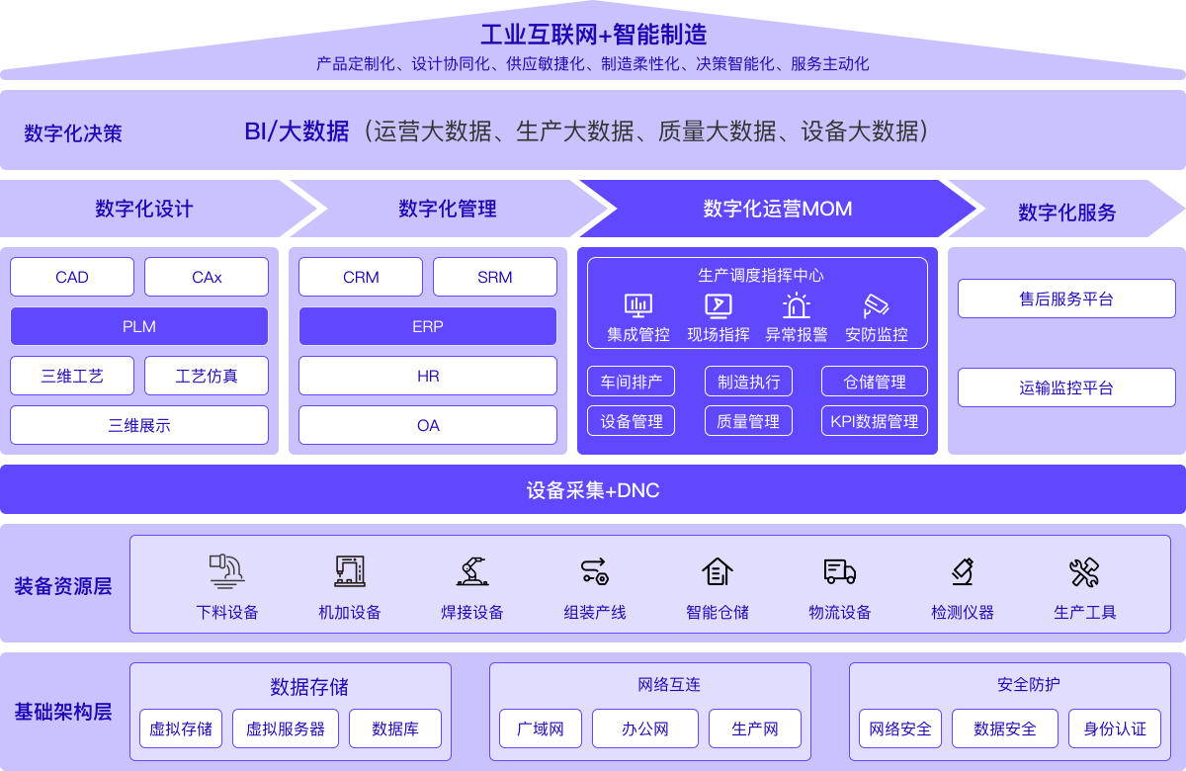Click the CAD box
click(72, 277)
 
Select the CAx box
click(207, 277)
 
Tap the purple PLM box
click(139, 326)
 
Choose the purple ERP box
click(428, 326)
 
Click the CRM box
click(361, 277)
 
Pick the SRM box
click(495, 277)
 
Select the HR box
click(428, 376)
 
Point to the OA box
click(428, 425)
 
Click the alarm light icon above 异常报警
click(797, 305)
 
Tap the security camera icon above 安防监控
click(876, 305)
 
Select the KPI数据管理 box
click(875, 421)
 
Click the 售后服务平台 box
click(1066, 299)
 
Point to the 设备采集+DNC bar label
click(593, 490)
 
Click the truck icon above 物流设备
click(839, 571)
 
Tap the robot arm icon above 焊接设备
click(472, 571)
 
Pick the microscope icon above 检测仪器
click(963, 571)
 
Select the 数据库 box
click(395, 728)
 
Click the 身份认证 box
click(1115, 728)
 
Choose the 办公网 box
click(645, 728)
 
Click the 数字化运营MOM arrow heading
click(778, 209)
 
